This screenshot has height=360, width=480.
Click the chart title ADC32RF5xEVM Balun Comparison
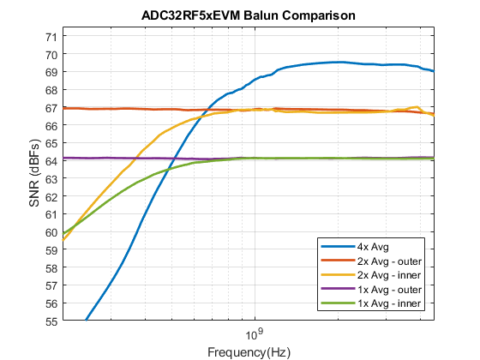point(249,15)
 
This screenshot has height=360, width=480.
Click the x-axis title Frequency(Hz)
point(249,352)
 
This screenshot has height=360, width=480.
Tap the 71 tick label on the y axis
point(50,36)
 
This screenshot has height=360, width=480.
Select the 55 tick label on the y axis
point(50,321)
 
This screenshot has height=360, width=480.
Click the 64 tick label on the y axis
point(50,161)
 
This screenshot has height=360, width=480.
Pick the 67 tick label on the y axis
point(50,107)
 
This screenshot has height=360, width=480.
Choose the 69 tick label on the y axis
point(50,72)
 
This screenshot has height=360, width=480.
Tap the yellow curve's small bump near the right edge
point(416,107)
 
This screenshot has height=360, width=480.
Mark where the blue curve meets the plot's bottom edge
point(87,321)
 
